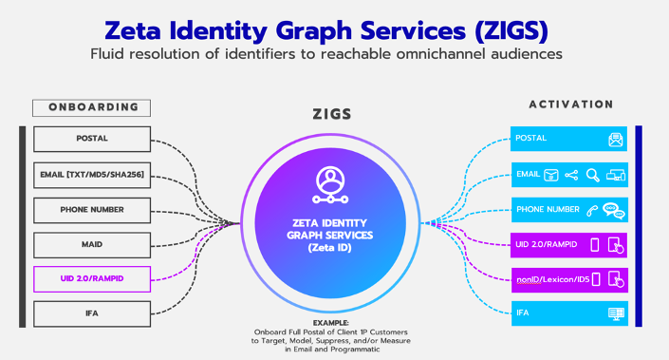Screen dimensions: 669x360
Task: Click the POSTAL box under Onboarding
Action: click(91, 139)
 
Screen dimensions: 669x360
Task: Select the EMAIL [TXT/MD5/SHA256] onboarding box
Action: click(91, 174)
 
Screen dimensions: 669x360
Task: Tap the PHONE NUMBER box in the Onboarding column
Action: click(91, 209)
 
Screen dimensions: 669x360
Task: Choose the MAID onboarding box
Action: click(91, 244)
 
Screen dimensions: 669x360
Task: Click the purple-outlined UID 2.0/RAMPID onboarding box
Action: click(91, 278)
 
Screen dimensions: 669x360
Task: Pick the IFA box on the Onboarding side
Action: click(91, 313)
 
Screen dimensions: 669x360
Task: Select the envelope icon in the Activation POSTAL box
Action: click(616, 140)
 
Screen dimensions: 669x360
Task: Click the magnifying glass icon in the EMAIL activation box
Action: click(592, 175)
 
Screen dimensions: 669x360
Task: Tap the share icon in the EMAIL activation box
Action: click(571, 175)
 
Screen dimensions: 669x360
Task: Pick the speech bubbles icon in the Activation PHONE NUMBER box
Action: click(615, 210)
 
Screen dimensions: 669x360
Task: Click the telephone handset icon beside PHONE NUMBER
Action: click(592, 210)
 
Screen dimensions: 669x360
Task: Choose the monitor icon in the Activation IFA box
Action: click(616, 313)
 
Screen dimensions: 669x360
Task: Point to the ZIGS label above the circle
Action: click(332, 114)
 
